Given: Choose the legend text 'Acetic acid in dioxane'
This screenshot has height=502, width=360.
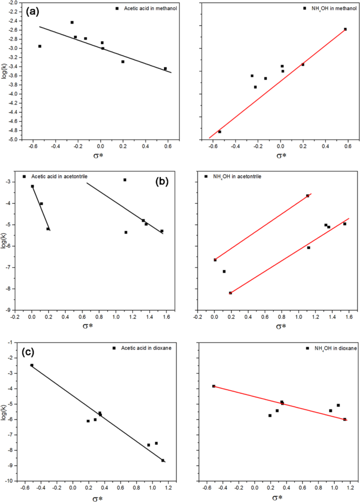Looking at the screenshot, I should pyautogui.click(x=148, y=348).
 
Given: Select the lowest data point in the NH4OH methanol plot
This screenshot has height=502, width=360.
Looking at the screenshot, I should pyautogui.click(x=220, y=132).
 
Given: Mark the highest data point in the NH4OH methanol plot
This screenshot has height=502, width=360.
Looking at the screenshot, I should pyautogui.click(x=345, y=29).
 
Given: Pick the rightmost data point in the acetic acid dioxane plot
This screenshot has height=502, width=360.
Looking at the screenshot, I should pyautogui.click(x=163, y=461).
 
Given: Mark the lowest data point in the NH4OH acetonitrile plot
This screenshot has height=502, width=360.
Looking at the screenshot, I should pyautogui.click(x=230, y=293).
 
